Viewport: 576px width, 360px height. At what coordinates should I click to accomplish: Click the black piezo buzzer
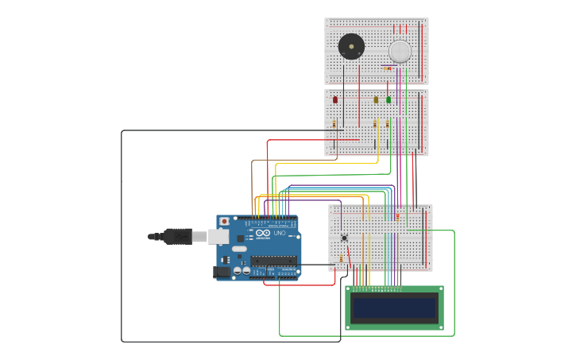point(351,46)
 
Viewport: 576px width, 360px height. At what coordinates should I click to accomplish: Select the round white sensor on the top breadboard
point(400,51)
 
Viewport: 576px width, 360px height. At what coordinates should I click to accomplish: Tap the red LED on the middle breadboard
point(335,100)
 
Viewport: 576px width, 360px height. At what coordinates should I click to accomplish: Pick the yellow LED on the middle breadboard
point(376,100)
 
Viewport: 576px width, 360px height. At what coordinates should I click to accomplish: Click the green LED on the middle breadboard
point(389,100)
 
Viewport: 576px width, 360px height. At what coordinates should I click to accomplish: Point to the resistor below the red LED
point(334,124)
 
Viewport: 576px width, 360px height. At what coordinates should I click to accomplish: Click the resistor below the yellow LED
point(375,124)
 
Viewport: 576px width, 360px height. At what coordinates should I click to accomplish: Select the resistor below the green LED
point(388,124)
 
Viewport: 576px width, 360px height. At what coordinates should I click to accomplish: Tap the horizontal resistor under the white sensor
point(389,68)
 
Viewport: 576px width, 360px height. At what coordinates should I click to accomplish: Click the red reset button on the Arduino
point(224,221)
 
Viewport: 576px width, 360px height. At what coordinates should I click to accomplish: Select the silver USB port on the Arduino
point(218,237)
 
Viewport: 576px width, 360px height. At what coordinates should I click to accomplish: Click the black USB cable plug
point(177,236)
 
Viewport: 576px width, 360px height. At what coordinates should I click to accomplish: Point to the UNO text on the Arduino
point(280,233)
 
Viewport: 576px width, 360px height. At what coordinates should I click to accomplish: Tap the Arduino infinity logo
point(263,233)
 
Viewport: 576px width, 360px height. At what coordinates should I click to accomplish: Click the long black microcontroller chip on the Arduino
point(273,261)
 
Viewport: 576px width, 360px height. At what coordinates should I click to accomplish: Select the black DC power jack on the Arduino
point(222,272)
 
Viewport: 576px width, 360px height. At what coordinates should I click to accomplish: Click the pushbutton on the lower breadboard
point(344,238)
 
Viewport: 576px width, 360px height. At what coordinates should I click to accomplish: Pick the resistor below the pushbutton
point(342,258)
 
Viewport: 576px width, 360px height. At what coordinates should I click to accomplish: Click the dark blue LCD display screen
point(395,308)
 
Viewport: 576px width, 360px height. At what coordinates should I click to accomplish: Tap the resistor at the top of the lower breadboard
point(397,216)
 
